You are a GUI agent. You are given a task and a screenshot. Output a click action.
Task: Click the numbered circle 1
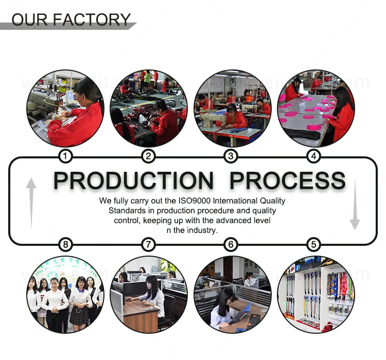click(65, 156)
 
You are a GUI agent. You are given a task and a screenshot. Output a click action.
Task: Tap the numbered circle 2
click(148, 156)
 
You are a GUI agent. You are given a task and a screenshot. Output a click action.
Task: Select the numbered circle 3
click(231, 156)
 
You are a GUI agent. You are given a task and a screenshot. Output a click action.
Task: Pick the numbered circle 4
click(313, 156)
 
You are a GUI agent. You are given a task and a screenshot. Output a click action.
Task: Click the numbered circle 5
click(313, 244)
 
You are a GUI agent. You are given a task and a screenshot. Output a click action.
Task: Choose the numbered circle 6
click(231, 244)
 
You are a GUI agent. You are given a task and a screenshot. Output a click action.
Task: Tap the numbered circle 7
click(148, 244)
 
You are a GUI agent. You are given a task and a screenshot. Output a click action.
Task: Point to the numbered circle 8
click(65, 244)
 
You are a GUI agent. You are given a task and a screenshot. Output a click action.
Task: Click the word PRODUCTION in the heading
click(133, 181)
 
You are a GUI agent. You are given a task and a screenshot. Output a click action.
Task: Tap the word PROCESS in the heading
click(287, 181)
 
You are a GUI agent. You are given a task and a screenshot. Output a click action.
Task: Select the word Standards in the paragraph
click(126, 210)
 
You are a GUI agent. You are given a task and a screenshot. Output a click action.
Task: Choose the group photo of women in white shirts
click(65, 295)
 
